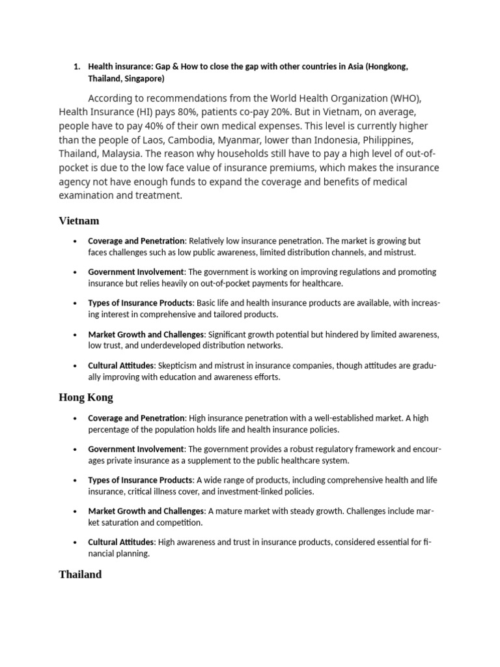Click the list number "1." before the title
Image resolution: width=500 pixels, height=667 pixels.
(x=76, y=66)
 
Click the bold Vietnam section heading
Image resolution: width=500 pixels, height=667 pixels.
(x=79, y=221)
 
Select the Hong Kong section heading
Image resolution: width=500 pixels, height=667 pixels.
(x=85, y=397)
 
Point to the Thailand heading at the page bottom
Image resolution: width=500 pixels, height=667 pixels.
(x=80, y=575)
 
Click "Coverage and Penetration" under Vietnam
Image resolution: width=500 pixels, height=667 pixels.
(x=136, y=240)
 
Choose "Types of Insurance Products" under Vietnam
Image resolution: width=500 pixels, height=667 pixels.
(x=140, y=303)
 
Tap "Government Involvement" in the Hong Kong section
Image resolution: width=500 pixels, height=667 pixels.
(x=136, y=449)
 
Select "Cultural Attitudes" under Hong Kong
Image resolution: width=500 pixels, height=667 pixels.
(x=121, y=542)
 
